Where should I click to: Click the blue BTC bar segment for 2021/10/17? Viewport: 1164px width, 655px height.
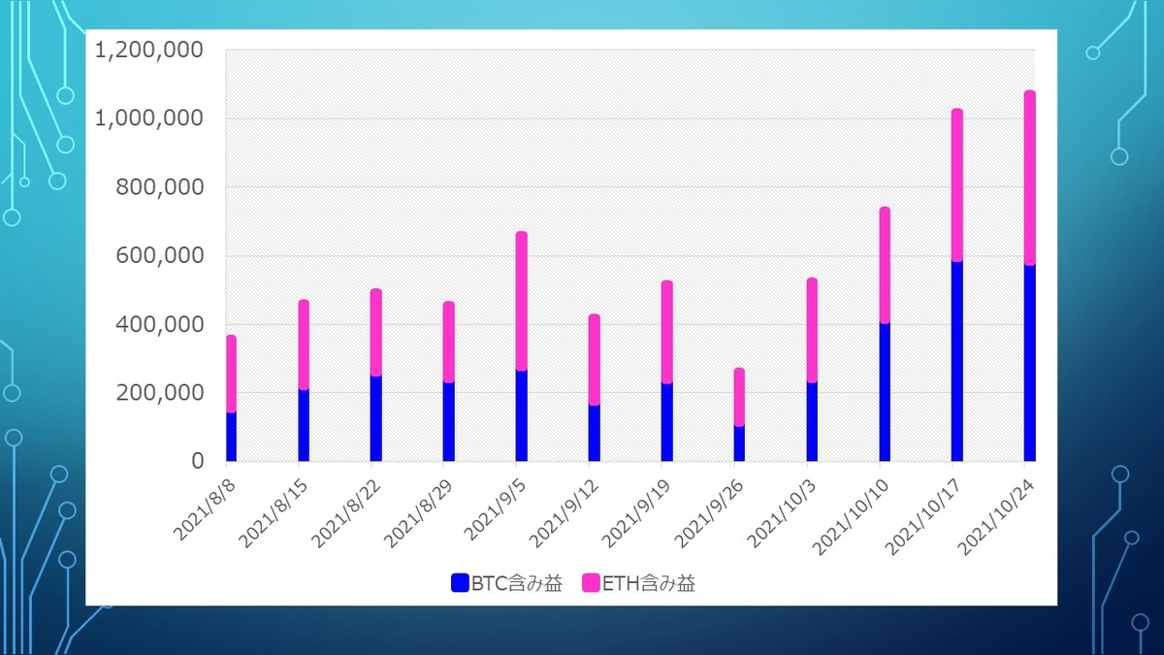click(x=956, y=361)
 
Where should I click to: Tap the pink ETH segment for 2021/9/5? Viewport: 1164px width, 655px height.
click(x=521, y=301)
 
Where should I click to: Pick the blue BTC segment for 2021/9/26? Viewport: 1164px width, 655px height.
click(x=739, y=443)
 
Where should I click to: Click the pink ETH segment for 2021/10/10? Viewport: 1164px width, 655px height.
click(x=885, y=265)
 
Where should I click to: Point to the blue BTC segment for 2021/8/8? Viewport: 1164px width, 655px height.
click(x=231, y=437)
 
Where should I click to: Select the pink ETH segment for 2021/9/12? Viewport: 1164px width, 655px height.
click(x=594, y=359)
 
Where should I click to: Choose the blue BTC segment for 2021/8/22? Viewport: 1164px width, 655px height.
click(x=375, y=418)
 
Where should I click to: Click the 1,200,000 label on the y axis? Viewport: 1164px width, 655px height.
click(x=148, y=49)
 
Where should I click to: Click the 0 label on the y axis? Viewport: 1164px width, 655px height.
click(x=194, y=462)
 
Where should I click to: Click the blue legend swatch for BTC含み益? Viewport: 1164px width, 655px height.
click(x=460, y=583)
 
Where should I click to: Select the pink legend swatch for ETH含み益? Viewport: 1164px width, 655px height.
click(x=592, y=583)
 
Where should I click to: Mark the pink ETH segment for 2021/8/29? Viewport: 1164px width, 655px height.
click(x=448, y=342)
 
